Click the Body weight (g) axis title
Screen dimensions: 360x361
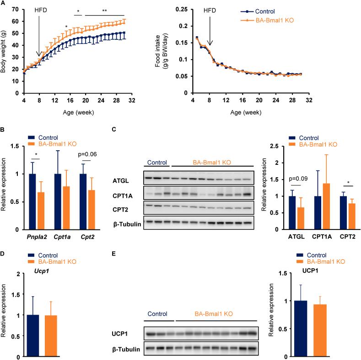click(5, 50)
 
